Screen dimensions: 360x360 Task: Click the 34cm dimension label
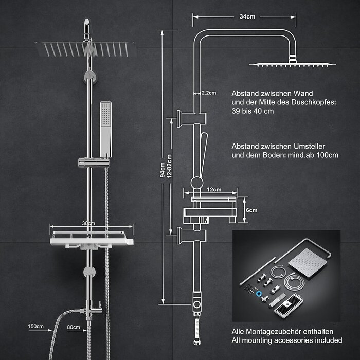[247, 17]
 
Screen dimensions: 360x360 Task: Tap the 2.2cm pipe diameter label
[209, 93]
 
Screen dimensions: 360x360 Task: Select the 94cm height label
[163, 170]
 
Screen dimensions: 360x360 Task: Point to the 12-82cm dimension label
[169, 167]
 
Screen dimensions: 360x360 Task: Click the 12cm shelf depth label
[214, 190]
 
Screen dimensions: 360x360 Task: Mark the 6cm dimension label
[251, 210]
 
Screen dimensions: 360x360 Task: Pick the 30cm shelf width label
[88, 223]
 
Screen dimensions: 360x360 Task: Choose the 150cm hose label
[35, 326]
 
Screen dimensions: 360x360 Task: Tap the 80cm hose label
[74, 327]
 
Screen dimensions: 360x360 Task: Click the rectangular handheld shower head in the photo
[106, 130]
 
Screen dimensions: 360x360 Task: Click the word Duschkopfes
[313, 102]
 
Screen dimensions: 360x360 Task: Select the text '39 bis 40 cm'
[253, 111]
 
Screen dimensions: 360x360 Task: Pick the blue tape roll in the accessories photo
[259, 294]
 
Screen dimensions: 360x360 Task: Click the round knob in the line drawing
[197, 183]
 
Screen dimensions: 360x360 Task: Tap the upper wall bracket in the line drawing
[191, 119]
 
